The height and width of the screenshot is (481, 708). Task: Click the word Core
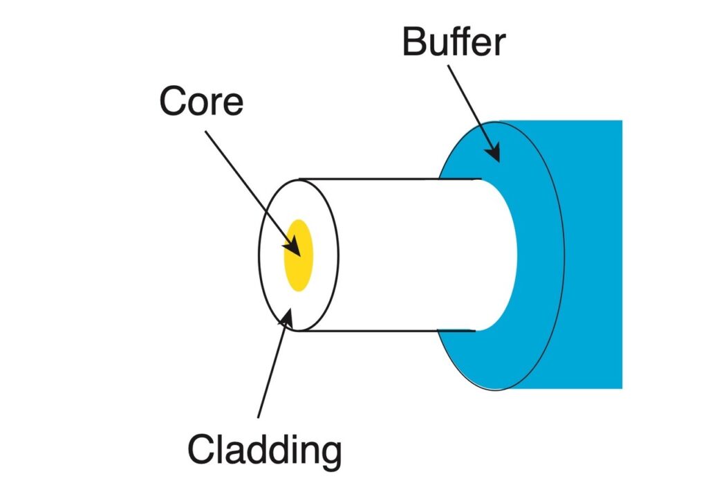[x=201, y=102]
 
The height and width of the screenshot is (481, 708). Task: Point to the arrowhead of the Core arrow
[x=295, y=247]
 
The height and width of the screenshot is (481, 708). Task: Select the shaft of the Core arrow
[x=249, y=183]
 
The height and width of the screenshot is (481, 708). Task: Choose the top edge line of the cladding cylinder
[x=387, y=179]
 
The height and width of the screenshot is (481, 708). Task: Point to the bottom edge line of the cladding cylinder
[x=387, y=331]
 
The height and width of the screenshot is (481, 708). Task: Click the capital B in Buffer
[x=415, y=42]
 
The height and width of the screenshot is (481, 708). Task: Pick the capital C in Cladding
[x=203, y=449]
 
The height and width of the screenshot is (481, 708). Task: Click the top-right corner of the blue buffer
[x=621, y=122]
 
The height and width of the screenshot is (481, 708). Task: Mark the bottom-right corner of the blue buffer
[x=621, y=388]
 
